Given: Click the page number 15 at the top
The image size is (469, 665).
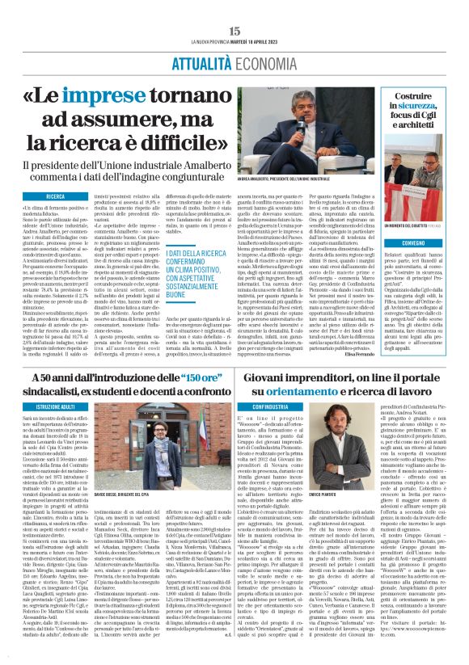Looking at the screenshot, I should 234,31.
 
